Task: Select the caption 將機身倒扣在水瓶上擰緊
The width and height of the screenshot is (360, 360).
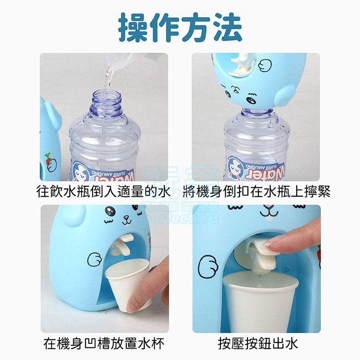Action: click(x=256, y=192)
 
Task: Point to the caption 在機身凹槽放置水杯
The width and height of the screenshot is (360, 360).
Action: click(x=104, y=344)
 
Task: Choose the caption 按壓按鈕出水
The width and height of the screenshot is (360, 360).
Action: click(x=258, y=344)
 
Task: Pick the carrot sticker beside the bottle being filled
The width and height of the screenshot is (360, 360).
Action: click(x=47, y=158)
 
